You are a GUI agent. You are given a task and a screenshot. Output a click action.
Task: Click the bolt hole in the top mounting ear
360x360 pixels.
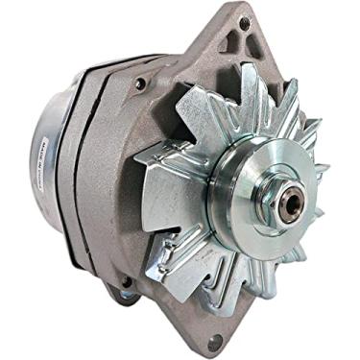tap(245, 22)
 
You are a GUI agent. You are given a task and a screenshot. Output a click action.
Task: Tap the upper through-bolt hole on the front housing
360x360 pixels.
tap(141, 84)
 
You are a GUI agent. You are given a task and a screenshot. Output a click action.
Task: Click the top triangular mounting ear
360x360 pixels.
tap(240, 38)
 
